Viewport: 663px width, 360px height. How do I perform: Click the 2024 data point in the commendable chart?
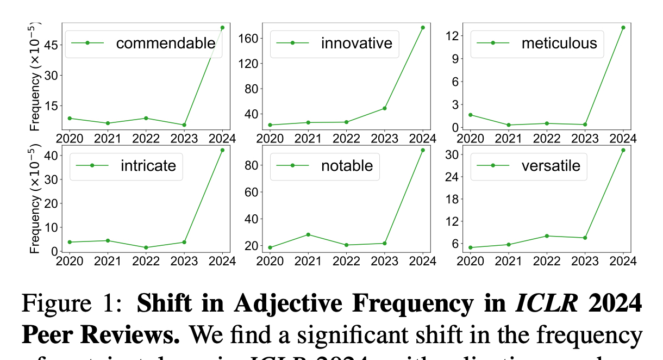[222, 27]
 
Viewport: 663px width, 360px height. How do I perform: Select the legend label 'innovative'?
[356, 43]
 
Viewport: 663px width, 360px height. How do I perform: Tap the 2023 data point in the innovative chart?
[384, 108]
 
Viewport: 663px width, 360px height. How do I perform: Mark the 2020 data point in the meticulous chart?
[470, 115]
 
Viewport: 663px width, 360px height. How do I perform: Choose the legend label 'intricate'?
[148, 165]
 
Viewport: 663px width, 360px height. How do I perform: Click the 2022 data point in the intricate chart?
[146, 247]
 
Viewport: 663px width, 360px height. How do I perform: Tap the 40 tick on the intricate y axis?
[51, 156]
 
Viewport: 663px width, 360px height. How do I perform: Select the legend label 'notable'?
[347, 165]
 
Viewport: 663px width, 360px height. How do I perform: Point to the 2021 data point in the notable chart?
[308, 234]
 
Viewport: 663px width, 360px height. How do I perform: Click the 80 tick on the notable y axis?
[251, 165]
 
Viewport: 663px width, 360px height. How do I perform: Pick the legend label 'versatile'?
[551, 165]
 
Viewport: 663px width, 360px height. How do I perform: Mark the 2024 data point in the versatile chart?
[623, 150]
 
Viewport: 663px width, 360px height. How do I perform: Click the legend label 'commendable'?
[166, 43]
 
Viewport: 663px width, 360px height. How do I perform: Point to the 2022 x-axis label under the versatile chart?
[546, 261]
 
